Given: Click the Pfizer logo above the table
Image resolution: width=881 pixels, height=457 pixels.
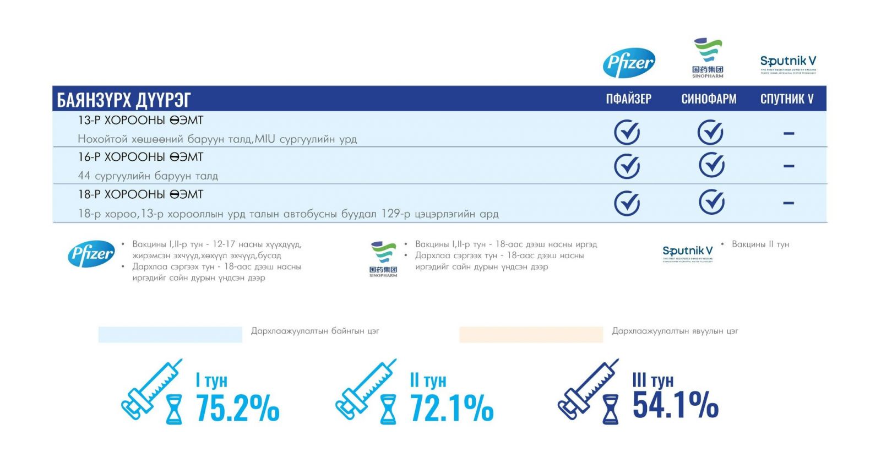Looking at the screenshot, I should tap(629, 62).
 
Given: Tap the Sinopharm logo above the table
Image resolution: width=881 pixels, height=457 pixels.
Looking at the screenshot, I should tap(708, 57).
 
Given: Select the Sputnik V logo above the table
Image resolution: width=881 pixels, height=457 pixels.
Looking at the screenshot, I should tap(788, 63).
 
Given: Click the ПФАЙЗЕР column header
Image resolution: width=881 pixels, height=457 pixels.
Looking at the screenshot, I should tap(628, 99).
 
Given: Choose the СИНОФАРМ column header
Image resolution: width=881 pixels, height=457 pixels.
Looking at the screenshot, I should tap(709, 99).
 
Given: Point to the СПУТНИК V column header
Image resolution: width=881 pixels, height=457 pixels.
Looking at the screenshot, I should tap(787, 99).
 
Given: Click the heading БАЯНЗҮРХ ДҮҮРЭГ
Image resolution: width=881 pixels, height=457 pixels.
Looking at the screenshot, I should tap(124, 100).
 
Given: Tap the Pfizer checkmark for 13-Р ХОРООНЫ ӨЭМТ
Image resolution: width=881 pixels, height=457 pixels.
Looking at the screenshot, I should tap(627, 133).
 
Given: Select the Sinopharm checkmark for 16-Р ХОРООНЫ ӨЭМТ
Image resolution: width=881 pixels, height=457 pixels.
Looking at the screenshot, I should tap(711, 165).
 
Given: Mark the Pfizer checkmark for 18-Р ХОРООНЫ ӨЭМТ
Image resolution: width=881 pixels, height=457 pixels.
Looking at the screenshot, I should tap(627, 203).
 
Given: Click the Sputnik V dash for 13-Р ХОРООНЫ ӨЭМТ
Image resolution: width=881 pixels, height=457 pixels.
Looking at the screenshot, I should tap(788, 133).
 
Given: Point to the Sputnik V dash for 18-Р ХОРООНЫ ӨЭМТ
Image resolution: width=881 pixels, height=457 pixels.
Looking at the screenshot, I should tap(788, 203).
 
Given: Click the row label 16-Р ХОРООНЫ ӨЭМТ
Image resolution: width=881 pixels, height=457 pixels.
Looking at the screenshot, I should tap(140, 157).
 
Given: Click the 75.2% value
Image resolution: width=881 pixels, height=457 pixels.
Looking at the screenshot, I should tap(237, 408).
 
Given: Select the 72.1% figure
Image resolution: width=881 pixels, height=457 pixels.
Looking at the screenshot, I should tap(452, 408).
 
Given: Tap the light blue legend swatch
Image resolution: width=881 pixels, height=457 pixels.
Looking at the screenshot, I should tap(170, 334).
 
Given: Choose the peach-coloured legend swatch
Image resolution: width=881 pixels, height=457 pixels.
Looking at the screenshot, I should tap(531, 334).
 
